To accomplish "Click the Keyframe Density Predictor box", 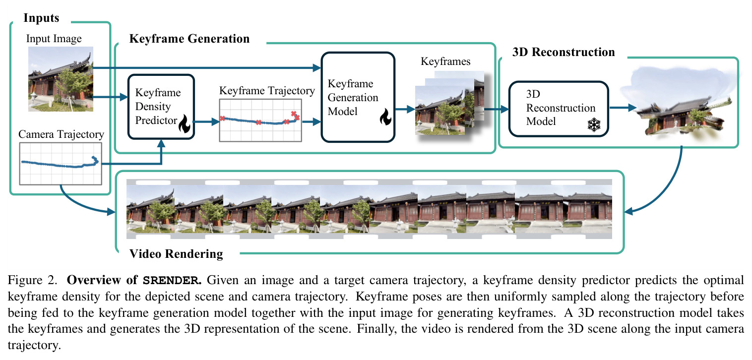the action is click(x=161, y=107).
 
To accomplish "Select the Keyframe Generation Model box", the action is click(x=358, y=97).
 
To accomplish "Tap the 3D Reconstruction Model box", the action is click(x=559, y=109).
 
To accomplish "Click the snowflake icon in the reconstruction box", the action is click(x=594, y=124).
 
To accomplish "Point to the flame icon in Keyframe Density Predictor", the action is click(x=185, y=123).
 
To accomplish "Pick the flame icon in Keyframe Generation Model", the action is click(x=385, y=117).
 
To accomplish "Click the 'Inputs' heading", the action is click(x=41, y=18).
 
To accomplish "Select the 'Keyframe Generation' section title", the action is click(x=189, y=39).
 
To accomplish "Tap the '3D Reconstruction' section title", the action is click(x=564, y=52).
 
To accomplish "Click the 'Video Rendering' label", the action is click(x=176, y=254).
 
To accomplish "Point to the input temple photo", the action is click(x=61, y=79).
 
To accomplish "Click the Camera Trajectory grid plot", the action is click(x=61, y=164).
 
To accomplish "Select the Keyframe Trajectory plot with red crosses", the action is click(x=260, y=120).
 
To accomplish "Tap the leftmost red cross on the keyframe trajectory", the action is click(x=222, y=118).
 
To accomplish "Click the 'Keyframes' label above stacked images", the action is click(x=445, y=61).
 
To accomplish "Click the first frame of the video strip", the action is click(x=150, y=209).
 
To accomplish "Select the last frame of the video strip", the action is click(x=587, y=209).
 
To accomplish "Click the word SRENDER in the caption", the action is click(x=172, y=281).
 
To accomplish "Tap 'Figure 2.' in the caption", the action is click(x=33, y=280).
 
